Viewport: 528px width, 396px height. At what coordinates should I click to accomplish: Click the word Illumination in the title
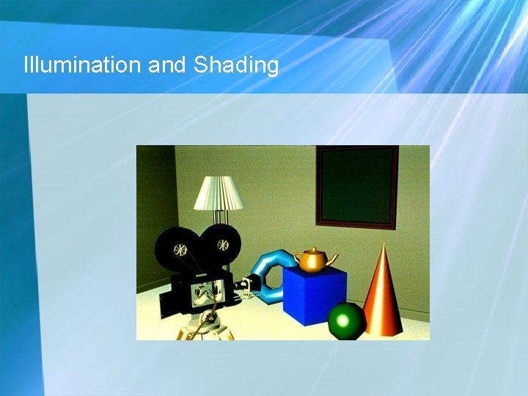(82, 65)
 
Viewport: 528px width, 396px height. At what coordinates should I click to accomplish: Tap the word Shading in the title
(236, 66)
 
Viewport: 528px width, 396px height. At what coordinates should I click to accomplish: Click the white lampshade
(219, 193)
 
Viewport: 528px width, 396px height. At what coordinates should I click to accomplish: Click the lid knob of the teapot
(314, 249)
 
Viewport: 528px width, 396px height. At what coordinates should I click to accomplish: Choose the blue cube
(314, 296)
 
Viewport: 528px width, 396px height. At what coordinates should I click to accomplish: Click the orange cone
(383, 297)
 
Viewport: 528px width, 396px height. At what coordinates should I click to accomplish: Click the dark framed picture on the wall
(357, 186)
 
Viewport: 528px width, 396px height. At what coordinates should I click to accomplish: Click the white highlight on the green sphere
(344, 318)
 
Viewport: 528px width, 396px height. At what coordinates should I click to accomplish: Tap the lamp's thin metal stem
(218, 217)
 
